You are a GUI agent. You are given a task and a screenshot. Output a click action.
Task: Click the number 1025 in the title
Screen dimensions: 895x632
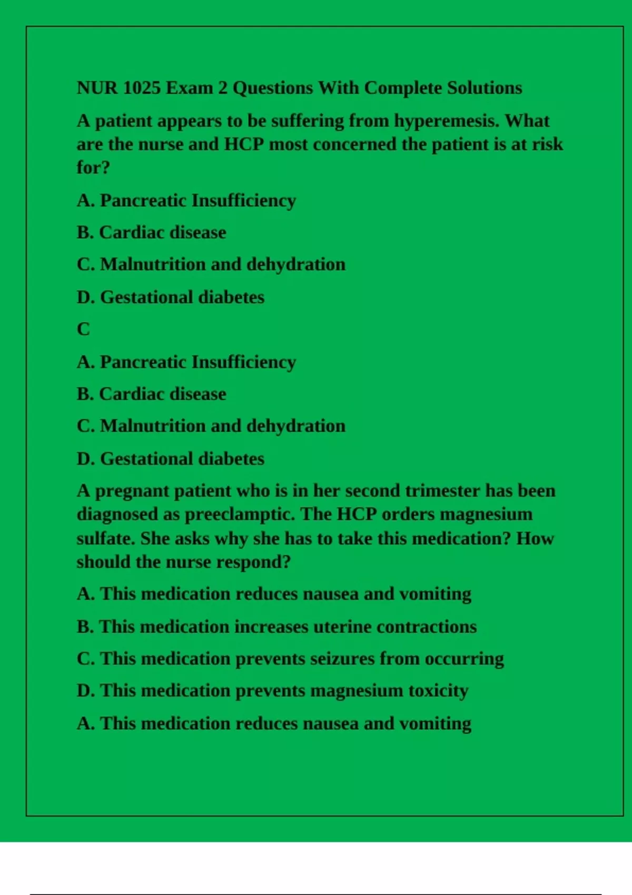click(141, 87)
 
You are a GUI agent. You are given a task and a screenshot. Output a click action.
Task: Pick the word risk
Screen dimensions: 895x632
click(548, 144)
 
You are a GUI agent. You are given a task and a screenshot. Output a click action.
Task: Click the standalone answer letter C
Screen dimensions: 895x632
click(83, 329)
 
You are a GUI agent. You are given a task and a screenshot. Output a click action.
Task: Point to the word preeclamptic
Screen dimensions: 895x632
click(240, 514)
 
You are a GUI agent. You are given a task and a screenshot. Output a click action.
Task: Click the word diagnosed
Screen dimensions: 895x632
click(117, 514)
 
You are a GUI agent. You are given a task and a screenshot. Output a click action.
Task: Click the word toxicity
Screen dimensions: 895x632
click(438, 691)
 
